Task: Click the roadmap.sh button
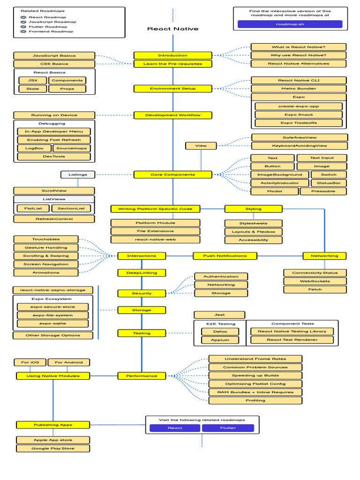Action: (x=290, y=24)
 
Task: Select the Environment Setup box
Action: (x=172, y=89)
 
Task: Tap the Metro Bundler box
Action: (x=299, y=89)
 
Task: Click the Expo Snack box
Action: (x=299, y=115)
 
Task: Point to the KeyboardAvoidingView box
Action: (x=299, y=146)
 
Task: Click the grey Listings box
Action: (x=77, y=175)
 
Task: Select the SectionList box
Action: (x=71, y=209)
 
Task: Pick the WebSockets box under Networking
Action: (x=315, y=281)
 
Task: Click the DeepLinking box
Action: (x=142, y=273)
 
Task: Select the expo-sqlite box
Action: (x=52, y=323)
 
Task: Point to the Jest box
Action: (x=219, y=315)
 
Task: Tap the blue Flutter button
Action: (x=228, y=428)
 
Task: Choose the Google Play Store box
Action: (x=52, y=449)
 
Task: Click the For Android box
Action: (x=68, y=362)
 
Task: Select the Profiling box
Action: (x=255, y=400)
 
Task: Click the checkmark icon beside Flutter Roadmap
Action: (x=23, y=27)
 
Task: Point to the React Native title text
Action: (x=172, y=29)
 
